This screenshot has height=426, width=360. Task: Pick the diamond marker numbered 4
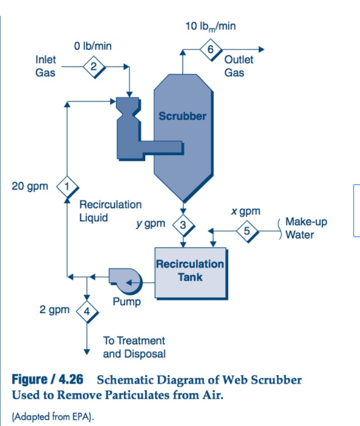tap(87, 310)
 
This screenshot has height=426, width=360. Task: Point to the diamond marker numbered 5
tap(247, 230)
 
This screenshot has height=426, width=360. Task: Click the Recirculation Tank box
tap(190, 271)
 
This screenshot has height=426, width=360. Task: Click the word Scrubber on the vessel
tap(182, 116)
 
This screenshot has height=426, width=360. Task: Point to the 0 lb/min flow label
tap(93, 46)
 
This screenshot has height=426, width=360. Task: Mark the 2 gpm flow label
tap(55, 310)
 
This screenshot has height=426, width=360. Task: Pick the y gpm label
tap(150, 223)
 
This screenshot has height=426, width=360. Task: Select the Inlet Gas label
tap(46, 66)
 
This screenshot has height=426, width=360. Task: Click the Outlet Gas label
tap(238, 66)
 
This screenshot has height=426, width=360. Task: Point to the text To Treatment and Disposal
tap(134, 347)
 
